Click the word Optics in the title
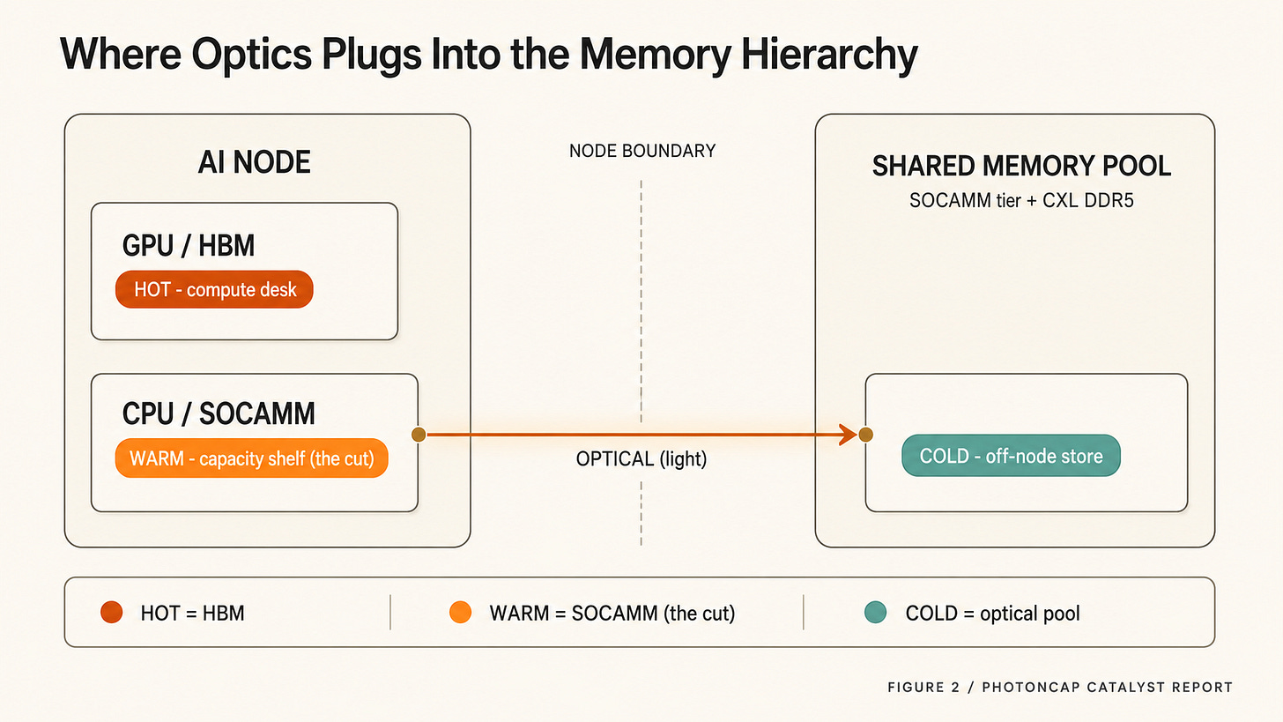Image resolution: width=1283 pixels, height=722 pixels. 251,55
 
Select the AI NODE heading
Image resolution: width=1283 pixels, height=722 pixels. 255,162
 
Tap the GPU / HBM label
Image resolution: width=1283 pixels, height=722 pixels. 189,245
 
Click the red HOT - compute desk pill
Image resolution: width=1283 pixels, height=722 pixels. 214,289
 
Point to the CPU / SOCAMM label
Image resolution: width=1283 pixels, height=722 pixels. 219,413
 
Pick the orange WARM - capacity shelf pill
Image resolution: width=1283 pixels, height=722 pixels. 251,458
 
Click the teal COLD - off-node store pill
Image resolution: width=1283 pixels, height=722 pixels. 1011,456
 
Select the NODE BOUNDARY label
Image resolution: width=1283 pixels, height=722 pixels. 642,151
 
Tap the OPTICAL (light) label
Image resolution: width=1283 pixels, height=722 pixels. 641,459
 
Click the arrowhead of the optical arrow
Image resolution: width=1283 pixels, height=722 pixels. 849,435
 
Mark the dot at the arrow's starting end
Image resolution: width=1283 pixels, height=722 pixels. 419,435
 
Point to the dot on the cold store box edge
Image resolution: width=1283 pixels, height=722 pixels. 865,435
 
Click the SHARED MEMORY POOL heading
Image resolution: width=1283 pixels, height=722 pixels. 1021,166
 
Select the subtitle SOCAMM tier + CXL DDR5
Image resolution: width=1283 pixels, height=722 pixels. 1021,201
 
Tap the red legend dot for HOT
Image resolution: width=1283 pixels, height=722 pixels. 112,612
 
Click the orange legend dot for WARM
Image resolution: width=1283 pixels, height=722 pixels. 461,612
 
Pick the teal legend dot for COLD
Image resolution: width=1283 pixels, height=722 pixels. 875,612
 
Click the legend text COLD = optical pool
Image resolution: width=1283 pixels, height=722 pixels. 992,614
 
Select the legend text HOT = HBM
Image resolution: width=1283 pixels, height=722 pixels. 192,614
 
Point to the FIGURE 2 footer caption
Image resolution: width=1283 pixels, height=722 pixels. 1059,687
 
